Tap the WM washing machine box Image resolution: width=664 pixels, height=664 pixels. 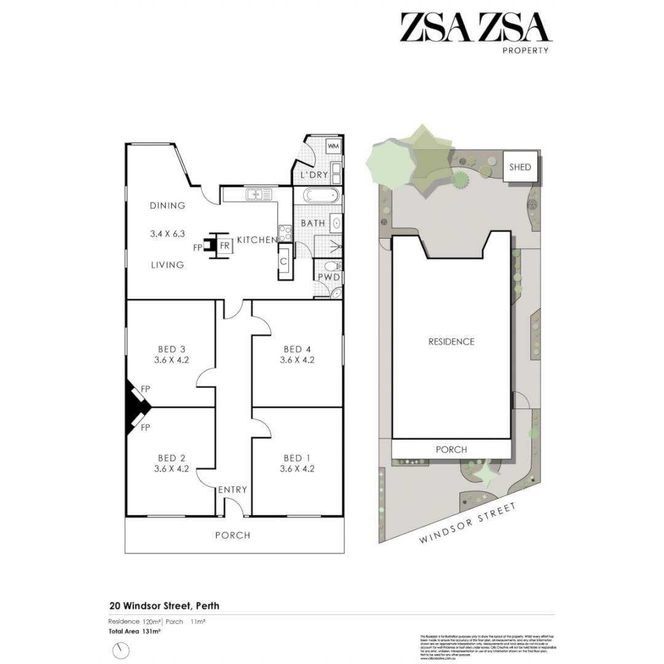pyautogui.click(x=333, y=146)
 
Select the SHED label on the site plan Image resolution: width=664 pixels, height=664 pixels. pyautogui.click(x=520, y=167)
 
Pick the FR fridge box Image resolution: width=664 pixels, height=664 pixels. pyautogui.click(x=225, y=245)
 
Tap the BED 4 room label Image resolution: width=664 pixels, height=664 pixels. pyautogui.click(x=297, y=350)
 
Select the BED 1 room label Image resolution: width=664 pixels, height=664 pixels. pyautogui.click(x=297, y=458)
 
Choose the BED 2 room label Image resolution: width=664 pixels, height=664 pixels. pyautogui.click(x=172, y=458)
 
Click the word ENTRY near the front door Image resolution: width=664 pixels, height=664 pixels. pyautogui.click(x=232, y=489)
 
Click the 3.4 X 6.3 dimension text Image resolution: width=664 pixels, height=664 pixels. pyautogui.click(x=167, y=234)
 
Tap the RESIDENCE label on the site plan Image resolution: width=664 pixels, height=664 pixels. pyautogui.click(x=451, y=341)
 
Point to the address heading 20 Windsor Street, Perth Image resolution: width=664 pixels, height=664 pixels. pyautogui.click(x=164, y=606)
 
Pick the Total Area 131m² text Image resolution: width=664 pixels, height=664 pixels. pyautogui.click(x=135, y=631)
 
